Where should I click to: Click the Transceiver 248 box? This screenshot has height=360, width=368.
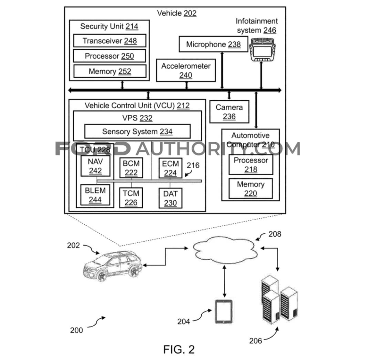(x=110, y=41)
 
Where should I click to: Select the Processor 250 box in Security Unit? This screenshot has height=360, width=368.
(x=110, y=56)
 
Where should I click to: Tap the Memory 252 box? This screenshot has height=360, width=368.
(x=110, y=71)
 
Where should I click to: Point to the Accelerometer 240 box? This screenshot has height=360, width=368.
(x=186, y=70)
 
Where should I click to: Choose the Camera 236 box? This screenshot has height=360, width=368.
(x=229, y=112)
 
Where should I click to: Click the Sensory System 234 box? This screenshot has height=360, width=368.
(x=137, y=132)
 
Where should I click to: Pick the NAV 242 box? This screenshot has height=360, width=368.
(x=95, y=166)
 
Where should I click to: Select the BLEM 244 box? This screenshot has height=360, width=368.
(x=95, y=195)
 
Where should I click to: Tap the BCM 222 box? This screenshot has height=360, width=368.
(x=131, y=168)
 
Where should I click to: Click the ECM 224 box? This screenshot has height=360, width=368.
(x=170, y=168)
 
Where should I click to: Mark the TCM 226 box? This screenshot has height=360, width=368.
(x=131, y=198)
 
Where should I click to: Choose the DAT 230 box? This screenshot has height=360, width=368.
(x=170, y=198)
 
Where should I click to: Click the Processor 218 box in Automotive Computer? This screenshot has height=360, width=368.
(x=250, y=165)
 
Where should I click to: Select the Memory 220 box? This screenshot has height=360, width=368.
(x=250, y=189)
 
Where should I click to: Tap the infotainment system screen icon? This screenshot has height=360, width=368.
(x=261, y=50)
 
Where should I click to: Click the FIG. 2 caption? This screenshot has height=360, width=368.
(x=179, y=349)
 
